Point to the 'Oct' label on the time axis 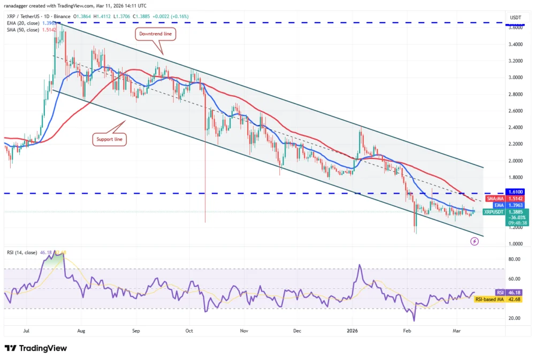(189, 331)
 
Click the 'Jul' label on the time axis (27, 331)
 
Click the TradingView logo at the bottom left (36, 348)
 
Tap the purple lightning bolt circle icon (475, 242)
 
